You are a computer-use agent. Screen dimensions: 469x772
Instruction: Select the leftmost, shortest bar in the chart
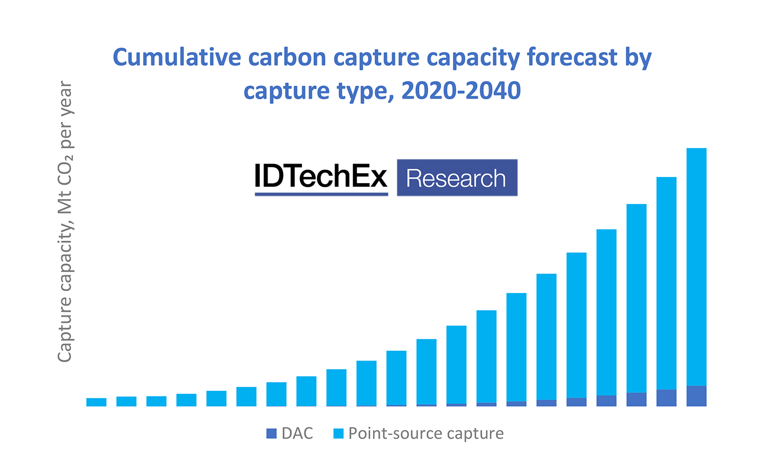96,402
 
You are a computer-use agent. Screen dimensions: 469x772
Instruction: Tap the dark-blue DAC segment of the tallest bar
696,396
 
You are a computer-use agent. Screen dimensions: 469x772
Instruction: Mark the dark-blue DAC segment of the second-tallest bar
666,398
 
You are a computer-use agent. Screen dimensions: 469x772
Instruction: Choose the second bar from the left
126,402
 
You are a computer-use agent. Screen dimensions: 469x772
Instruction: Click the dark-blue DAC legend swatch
271,434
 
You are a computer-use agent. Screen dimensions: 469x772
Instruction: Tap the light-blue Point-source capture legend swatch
338,434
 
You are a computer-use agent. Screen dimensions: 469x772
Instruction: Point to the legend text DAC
297,434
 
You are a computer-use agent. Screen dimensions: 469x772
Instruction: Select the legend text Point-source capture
426,434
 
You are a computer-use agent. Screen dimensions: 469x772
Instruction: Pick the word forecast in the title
572,57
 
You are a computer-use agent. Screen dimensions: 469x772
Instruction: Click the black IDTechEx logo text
321,176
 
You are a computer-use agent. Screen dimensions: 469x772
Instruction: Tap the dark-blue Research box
457,178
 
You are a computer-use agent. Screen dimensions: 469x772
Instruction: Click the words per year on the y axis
65,114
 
